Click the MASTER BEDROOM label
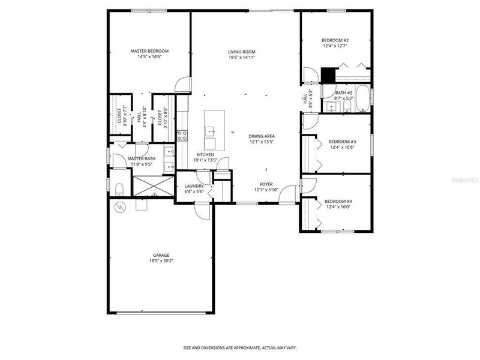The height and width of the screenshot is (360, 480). coord(149,51)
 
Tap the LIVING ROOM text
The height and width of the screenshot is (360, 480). coord(242,52)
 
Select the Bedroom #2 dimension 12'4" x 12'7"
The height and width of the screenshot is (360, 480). coord(335,46)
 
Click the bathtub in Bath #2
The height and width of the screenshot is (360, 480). coord(363,99)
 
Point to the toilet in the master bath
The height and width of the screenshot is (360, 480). coord(118,190)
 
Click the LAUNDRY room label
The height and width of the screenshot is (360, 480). coord(194,186)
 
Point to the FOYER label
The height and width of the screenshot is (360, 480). coord(266,184)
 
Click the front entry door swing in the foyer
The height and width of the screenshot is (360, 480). coord(289,194)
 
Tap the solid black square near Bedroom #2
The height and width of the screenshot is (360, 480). coord(328,75)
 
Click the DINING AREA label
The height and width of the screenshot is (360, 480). coord(262,136)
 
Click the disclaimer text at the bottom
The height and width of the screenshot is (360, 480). coord(239,347)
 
